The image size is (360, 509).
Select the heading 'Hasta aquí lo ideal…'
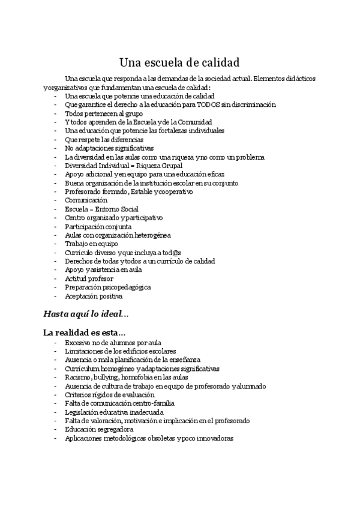[86, 313]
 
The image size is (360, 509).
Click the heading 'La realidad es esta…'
[85, 333]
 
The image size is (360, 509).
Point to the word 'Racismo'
[77, 378]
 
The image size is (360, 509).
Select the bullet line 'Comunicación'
[86, 200]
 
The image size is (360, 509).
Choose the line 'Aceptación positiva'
[93, 296]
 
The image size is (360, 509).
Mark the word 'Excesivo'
[77, 343]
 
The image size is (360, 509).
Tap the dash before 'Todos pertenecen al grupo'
[56, 113]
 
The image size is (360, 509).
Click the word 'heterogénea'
[154, 235]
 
